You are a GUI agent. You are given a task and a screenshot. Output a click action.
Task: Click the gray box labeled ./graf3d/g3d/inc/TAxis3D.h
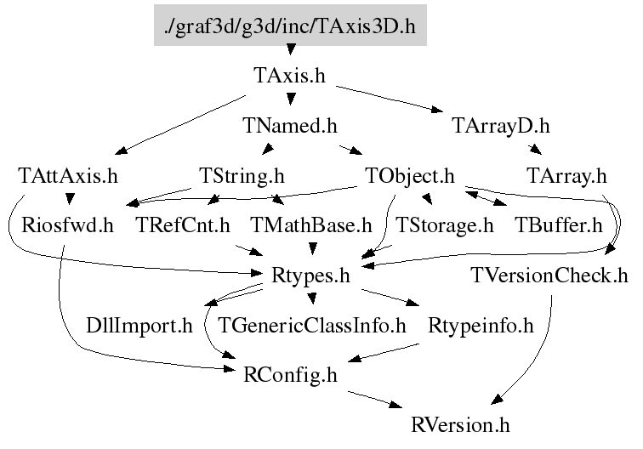[x=289, y=27]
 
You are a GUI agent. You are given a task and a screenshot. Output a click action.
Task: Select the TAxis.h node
[x=289, y=76]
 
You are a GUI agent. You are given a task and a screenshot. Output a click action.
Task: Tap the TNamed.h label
[x=289, y=126]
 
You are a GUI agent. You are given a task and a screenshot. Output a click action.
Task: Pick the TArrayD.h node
[x=500, y=126]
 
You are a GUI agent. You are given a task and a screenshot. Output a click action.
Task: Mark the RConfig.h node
[x=289, y=373]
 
